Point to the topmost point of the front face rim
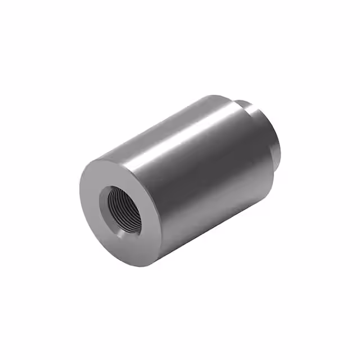[104, 156]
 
